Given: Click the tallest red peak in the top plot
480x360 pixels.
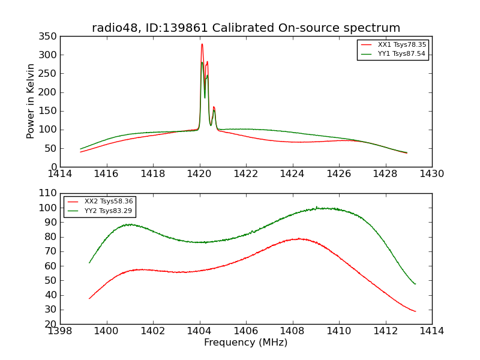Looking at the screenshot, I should [x=202, y=44].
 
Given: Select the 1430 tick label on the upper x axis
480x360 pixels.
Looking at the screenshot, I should [x=432, y=173].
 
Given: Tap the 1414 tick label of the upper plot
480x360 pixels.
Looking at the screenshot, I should [x=60, y=173].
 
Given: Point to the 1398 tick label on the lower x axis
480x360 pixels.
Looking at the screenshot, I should [x=60, y=331].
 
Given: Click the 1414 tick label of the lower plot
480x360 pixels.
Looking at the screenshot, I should [x=432, y=331].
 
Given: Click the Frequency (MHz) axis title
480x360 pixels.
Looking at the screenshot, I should [x=246, y=343].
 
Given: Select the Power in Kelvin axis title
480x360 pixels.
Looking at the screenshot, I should [x=31, y=101].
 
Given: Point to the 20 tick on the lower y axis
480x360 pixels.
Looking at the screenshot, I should [x=52, y=324].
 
